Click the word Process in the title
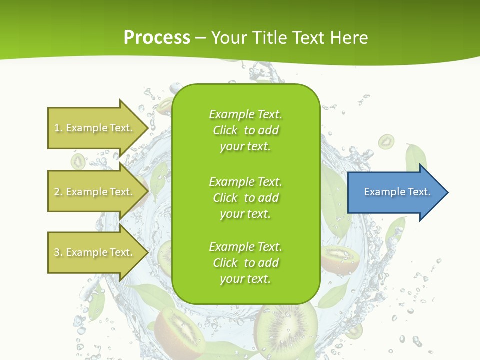(x=157, y=37)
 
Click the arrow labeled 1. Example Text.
(x=95, y=128)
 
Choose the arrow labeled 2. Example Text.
(x=95, y=192)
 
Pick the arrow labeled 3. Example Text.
(x=95, y=252)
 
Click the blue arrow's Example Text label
(x=397, y=192)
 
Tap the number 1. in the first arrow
(x=58, y=128)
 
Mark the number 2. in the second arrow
(x=58, y=192)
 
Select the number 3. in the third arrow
(x=58, y=252)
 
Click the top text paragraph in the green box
(x=245, y=130)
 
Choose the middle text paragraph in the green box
(x=245, y=197)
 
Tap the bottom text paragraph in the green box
(x=245, y=263)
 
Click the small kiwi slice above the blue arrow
(x=386, y=142)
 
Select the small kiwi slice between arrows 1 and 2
(x=78, y=161)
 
